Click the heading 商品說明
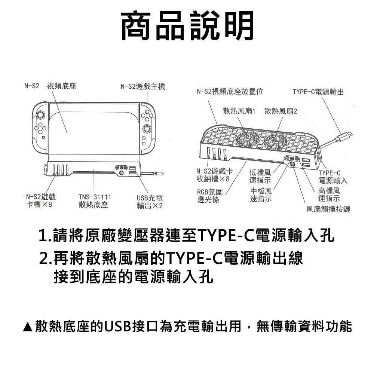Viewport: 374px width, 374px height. pyautogui.click(x=187, y=25)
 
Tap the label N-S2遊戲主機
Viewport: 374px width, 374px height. pyautogui.click(x=142, y=86)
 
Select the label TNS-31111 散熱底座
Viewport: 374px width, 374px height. pyautogui.click(x=95, y=201)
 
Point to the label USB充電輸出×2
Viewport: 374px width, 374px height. pyautogui.click(x=150, y=202)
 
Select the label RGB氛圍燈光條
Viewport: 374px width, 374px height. pyautogui.click(x=210, y=196)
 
